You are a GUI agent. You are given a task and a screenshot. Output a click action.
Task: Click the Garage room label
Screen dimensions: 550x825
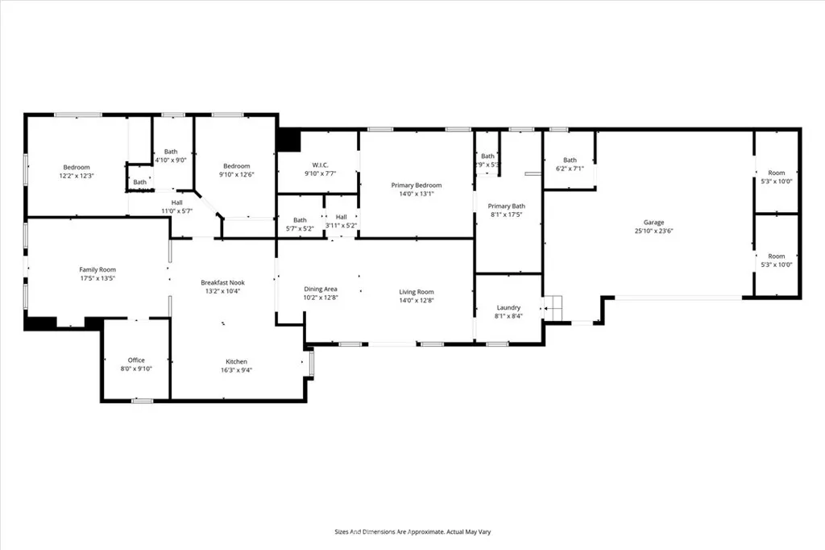pyautogui.click(x=653, y=222)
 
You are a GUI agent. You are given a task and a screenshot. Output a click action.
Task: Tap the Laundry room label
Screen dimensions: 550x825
pyautogui.click(x=508, y=307)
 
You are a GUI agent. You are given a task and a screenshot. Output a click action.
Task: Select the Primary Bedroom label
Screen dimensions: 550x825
pyautogui.click(x=416, y=185)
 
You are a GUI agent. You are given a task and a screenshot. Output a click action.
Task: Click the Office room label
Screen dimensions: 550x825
pyautogui.click(x=136, y=360)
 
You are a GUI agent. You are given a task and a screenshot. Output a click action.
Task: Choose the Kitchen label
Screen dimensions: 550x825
pyautogui.click(x=236, y=361)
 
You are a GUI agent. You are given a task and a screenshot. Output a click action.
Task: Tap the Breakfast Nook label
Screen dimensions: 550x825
pyautogui.click(x=222, y=282)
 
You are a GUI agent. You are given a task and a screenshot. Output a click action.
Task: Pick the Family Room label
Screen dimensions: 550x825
pyautogui.click(x=97, y=269)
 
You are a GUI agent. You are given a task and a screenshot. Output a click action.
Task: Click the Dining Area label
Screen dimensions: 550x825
pyautogui.click(x=320, y=289)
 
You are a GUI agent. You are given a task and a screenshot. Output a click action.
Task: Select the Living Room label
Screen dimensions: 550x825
pyautogui.click(x=417, y=292)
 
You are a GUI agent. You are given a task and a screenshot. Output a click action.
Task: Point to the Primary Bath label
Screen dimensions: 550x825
pyautogui.click(x=507, y=206)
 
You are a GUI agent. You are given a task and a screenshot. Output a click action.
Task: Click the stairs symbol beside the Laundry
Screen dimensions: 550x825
pyautogui.click(x=553, y=306)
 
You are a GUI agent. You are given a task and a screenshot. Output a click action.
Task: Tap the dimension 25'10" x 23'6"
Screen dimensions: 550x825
pyautogui.click(x=653, y=231)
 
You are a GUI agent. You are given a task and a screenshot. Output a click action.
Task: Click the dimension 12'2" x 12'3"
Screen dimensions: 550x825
pyautogui.click(x=77, y=176)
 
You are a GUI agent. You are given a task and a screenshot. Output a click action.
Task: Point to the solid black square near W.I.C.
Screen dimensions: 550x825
pyautogui.click(x=288, y=140)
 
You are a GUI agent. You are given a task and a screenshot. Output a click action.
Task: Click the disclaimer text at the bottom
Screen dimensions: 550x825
pyautogui.click(x=412, y=532)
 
